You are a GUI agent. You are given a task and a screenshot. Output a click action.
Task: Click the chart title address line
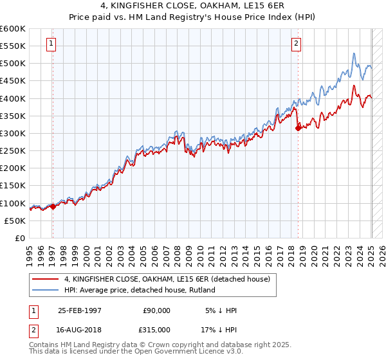point(192,8)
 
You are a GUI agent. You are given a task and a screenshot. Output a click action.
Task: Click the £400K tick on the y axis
point(13,98)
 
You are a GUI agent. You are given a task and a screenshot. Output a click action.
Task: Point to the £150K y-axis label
point(13,186)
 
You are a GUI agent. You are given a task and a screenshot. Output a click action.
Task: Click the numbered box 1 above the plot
point(51,44)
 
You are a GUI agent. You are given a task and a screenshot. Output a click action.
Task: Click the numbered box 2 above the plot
point(296,44)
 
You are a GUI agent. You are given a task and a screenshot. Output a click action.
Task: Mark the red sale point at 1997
point(53,206)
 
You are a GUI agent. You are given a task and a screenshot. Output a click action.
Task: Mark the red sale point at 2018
point(298,128)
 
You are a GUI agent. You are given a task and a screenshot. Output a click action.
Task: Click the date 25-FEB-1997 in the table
point(80,310)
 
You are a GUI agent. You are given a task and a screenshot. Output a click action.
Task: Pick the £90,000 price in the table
point(156,310)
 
